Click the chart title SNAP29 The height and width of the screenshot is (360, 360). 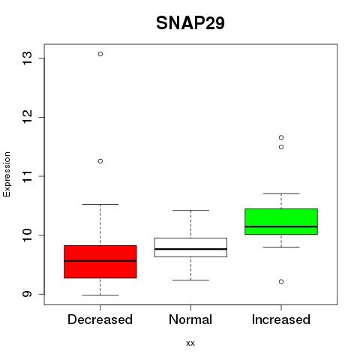tap(190, 23)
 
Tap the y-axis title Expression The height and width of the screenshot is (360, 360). tap(7, 174)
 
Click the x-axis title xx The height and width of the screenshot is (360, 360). tap(190, 343)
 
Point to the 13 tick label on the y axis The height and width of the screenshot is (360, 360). tap(28, 58)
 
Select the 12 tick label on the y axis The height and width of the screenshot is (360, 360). tap(28, 117)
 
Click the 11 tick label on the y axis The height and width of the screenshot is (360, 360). tap(28, 176)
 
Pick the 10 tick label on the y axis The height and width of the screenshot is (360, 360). tap(28, 235)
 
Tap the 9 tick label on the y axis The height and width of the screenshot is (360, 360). tap(28, 294)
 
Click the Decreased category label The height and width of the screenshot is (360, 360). tap(100, 319)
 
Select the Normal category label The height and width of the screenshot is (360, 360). tap(190, 319)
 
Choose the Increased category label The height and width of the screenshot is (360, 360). tap(281, 319)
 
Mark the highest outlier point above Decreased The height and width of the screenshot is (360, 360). tap(100, 54)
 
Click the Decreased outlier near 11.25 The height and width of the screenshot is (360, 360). tap(100, 161)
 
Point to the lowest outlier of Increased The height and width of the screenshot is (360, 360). tap(281, 282)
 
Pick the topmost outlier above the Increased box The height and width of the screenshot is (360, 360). tap(281, 137)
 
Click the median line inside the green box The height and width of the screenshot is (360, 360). tap(281, 226)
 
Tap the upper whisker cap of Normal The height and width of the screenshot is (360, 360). tap(190, 210)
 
